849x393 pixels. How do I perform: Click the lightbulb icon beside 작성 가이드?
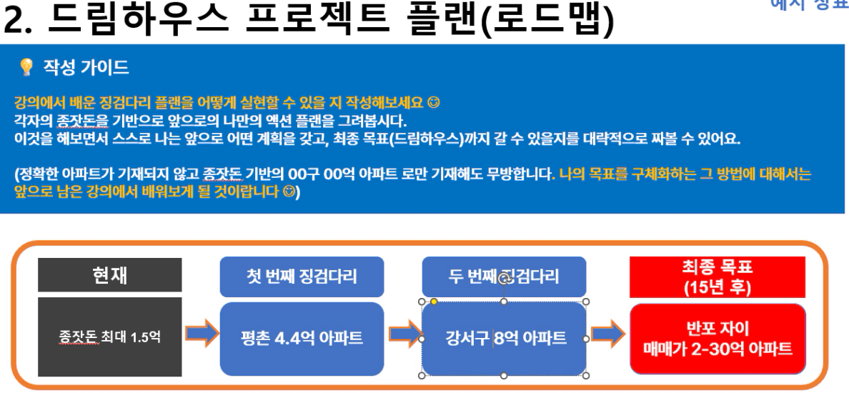coord(26,67)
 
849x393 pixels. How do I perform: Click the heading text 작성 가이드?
coord(86,67)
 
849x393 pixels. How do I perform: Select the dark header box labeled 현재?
coord(110,275)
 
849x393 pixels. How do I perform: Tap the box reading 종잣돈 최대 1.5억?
coord(110,337)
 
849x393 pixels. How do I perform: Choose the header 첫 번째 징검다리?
coord(302,277)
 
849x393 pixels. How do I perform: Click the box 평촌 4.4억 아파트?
coord(302,339)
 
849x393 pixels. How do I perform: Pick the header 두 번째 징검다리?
coord(504,277)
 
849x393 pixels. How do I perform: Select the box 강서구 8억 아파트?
coord(504,339)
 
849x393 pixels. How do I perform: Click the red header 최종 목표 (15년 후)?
coord(718,277)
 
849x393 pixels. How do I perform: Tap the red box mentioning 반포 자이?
coord(718,339)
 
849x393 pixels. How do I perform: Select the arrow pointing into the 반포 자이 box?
coord(607,334)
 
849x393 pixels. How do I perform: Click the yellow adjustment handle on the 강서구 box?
coord(434,302)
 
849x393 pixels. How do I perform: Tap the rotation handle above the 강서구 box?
coord(504,279)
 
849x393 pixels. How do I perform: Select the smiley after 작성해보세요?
coord(432,101)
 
